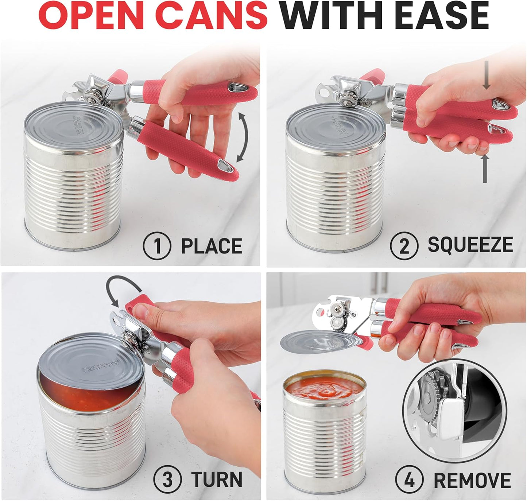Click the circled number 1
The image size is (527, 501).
coord(157,246)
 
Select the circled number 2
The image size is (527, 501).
coord(404,246)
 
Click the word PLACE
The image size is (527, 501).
coord(212,246)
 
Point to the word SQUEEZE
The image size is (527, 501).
coord(470,244)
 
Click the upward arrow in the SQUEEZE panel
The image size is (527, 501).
coord(485,169)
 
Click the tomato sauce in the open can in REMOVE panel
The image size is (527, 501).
coord(324,388)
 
